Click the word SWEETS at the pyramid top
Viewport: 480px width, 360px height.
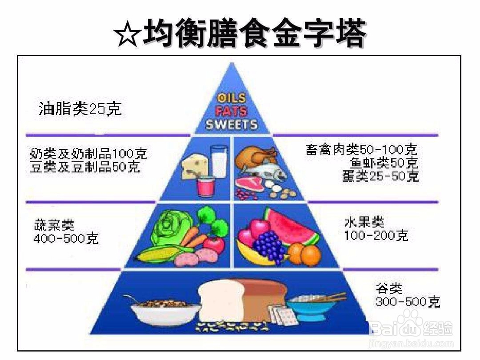[232, 125]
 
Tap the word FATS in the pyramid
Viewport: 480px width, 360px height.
[231, 112]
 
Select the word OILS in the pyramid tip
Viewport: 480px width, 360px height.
[232, 99]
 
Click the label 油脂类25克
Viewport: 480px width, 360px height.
[80, 109]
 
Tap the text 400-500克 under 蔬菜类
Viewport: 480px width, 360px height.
[66, 238]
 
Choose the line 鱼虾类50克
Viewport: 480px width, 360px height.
[384, 163]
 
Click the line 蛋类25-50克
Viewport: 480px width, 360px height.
[381, 176]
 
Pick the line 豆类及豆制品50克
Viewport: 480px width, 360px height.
[84, 167]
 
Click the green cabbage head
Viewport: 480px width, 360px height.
[168, 228]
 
